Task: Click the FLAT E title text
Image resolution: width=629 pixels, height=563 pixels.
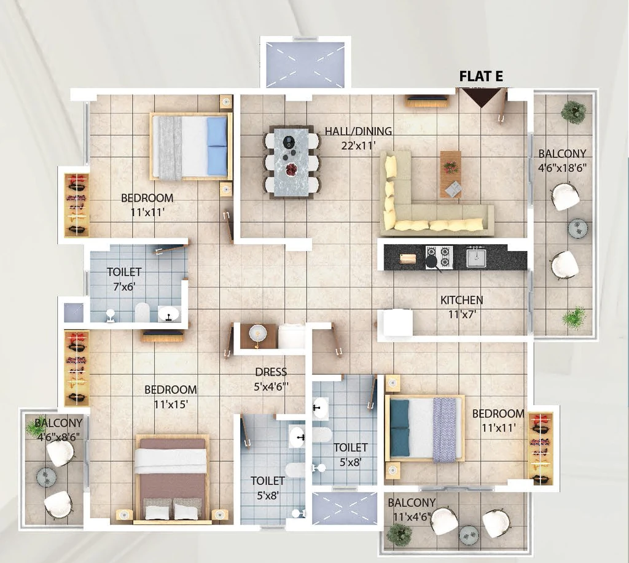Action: (x=481, y=76)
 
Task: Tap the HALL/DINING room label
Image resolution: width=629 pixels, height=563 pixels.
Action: (x=358, y=131)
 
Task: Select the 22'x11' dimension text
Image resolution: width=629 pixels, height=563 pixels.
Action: (x=358, y=145)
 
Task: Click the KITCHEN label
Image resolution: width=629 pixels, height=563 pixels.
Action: (x=462, y=300)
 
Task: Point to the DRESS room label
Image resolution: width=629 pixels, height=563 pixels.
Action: (x=271, y=372)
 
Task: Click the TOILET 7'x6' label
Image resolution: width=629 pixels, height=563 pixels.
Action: (x=124, y=279)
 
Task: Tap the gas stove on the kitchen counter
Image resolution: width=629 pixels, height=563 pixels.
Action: (x=439, y=257)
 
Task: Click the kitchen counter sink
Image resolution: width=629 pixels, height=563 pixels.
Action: (x=476, y=257)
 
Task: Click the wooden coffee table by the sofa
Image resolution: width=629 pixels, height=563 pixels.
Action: (x=451, y=174)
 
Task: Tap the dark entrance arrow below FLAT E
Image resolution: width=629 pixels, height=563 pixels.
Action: (x=480, y=98)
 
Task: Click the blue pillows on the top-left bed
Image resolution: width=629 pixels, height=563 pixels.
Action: (x=217, y=146)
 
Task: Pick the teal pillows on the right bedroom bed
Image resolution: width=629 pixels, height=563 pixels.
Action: (x=400, y=428)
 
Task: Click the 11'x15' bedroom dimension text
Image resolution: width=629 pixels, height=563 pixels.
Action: (x=171, y=404)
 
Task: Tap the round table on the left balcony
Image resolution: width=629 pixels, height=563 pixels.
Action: (x=46, y=477)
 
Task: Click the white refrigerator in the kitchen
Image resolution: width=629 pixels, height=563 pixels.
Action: (x=397, y=323)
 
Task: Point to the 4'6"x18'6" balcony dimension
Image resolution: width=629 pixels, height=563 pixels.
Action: (x=562, y=167)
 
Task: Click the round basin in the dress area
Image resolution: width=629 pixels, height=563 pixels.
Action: (x=256, y=332)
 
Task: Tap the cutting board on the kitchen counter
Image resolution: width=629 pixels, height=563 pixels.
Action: (x=408, y=258)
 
